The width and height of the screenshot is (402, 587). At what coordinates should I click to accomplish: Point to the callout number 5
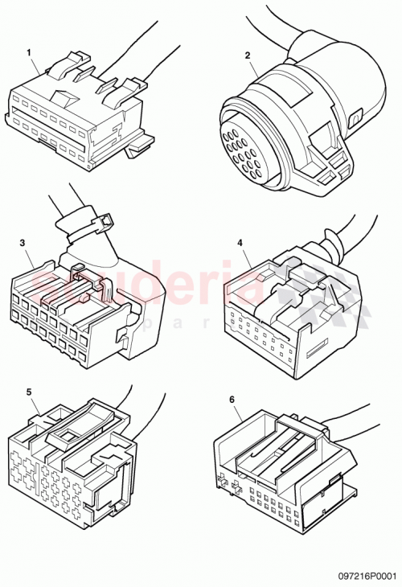tap(29, 392)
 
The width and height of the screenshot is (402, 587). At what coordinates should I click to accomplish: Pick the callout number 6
tap(232, 399)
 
